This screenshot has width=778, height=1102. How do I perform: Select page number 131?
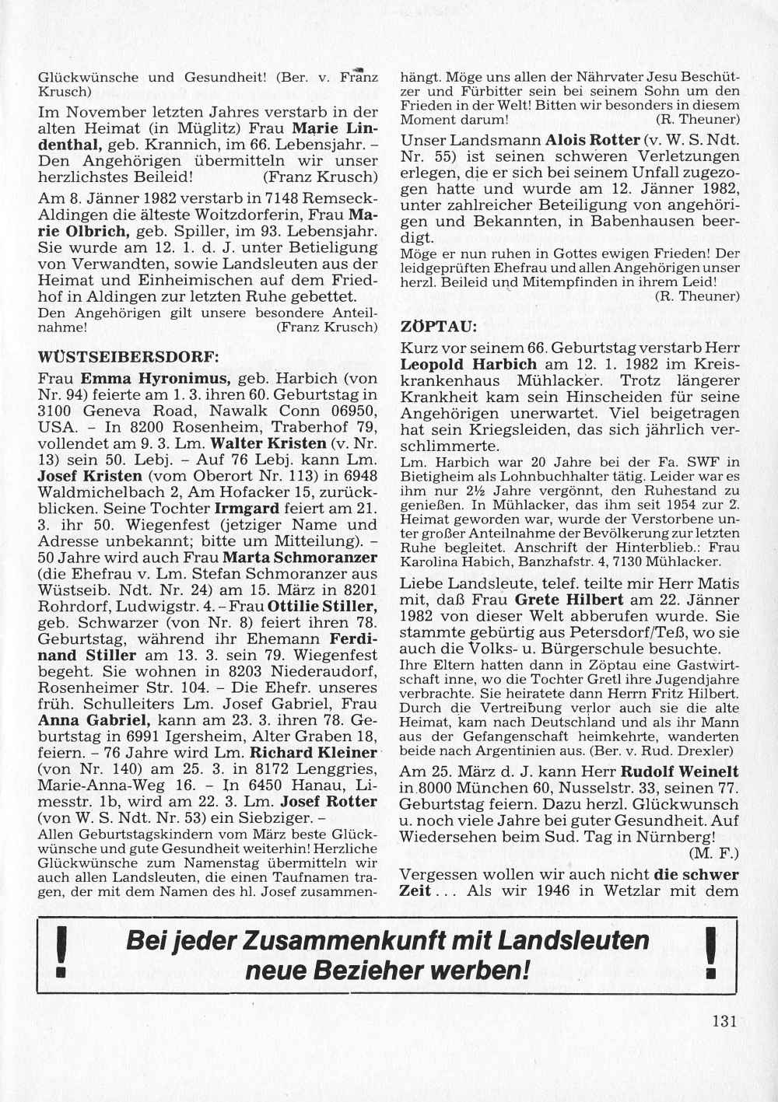pos(724,1021)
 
